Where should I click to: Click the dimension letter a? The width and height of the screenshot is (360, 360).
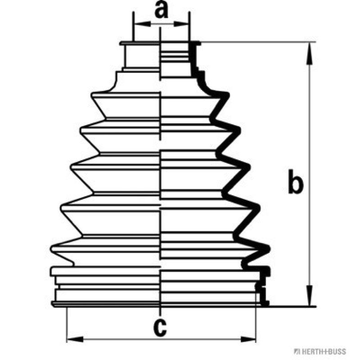(161, 10)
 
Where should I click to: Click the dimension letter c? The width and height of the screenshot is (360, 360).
(159, 327)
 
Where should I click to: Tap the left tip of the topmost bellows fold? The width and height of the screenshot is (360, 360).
(92, 95)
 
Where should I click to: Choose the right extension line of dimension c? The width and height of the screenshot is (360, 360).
(256, 324)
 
